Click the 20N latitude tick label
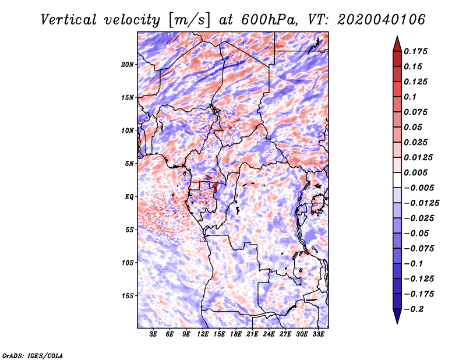point(128,65)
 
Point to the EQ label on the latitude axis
point(129,197)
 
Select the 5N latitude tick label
point(129,164)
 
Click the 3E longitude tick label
point(153,334)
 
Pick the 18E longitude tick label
point(236,334)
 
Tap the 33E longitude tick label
point(318,334)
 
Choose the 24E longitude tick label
point(269,334)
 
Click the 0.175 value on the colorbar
point(415,51)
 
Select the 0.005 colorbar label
point(415,172)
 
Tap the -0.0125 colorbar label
point(421,203)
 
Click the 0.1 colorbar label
point(410,97)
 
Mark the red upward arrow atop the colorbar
point(397,44)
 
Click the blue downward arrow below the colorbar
point(397,316)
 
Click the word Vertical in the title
point(69,20)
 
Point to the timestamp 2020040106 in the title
point(382,20)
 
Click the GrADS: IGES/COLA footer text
point(33,356)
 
